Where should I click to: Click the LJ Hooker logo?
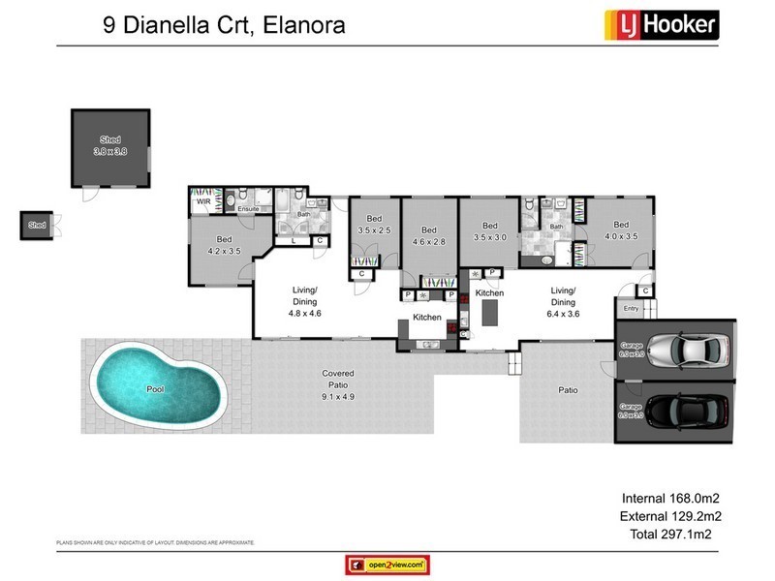click(x=661, y=23)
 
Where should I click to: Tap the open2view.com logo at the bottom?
click(x=387, y=565)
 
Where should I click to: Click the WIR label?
click(x=204, y=203)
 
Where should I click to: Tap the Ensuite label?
click(x=247, y=208)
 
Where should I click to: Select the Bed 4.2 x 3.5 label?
click(x=224, y=244)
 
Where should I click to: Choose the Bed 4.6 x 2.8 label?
click(x=428, y=235)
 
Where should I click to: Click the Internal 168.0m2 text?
click(x=669, y=499)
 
